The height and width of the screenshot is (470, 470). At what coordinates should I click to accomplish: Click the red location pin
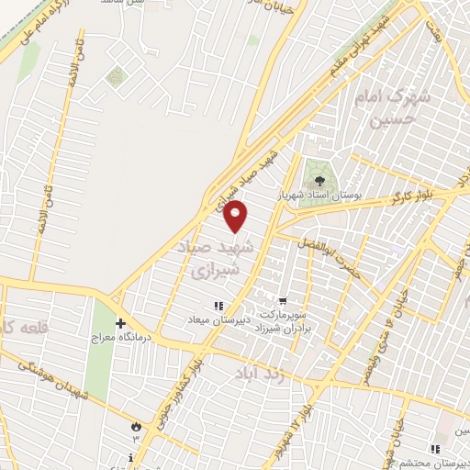point(236,217)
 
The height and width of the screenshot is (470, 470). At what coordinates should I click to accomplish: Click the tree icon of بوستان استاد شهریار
point(319,181)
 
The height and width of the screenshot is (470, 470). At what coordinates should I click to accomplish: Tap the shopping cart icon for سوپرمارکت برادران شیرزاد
point(283,299)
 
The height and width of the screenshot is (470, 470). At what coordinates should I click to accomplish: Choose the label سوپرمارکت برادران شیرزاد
point(286,318)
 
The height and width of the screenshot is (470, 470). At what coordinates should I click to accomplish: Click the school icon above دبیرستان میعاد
point(218,306)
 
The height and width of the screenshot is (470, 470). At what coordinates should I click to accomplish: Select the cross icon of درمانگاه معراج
point(120,323)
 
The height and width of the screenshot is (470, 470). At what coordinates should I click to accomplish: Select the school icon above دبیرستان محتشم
point(435,448)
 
